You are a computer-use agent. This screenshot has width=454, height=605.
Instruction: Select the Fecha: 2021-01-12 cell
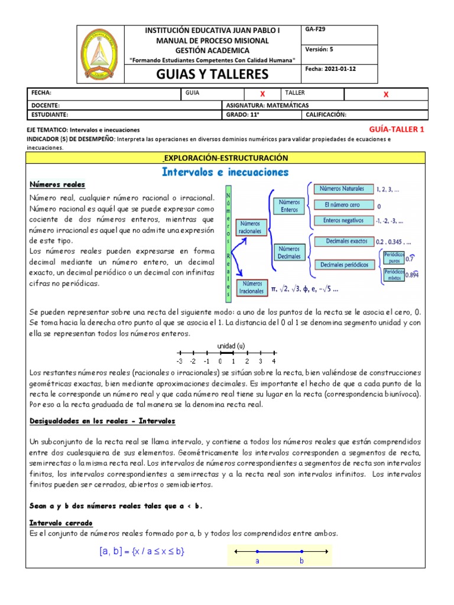[330, 69]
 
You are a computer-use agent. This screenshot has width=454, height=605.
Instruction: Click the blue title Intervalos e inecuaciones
[225, 173]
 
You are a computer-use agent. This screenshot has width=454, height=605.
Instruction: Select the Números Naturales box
[342, 189]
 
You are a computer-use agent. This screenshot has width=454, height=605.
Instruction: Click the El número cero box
[342, 205]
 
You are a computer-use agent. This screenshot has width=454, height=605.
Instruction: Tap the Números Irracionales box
[252, 287]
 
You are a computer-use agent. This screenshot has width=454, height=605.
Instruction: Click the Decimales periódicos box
[345, 265]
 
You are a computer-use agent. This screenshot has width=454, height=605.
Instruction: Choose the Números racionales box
[252, 227]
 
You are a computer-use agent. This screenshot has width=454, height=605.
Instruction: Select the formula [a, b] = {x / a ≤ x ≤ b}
[142, 552]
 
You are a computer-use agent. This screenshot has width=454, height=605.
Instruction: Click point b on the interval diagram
[301, 552]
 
